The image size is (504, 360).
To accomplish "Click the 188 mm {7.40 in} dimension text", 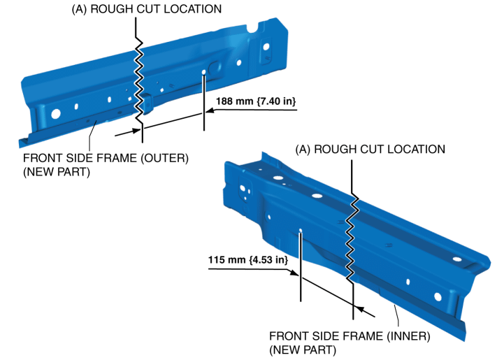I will coord(256,102).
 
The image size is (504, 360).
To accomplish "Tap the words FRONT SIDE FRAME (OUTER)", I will coord(106,158).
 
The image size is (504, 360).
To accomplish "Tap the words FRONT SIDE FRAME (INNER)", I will coord(350,336).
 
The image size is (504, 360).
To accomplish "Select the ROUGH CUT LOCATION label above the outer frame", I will coord(146,10).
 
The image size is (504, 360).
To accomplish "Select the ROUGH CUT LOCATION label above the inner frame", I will coord(370,150).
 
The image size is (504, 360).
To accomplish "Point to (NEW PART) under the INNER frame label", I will coord(302,349).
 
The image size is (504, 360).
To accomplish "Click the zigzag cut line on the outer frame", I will coord(141,77).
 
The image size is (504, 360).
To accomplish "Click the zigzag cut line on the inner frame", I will coord(353,231).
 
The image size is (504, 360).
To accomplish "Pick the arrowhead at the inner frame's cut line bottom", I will coord(359,308).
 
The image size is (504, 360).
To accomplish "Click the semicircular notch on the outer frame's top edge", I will coord(250,29).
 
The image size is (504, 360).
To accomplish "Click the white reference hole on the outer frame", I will coord(203,72).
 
